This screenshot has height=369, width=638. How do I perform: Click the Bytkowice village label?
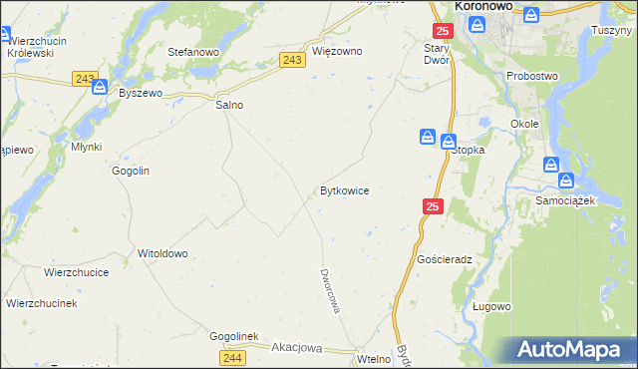345,189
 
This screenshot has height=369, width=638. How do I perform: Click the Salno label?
229,105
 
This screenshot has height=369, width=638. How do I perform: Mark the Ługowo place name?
491,306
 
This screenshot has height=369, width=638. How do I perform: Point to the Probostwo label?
532,76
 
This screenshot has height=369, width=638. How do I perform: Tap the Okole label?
524,124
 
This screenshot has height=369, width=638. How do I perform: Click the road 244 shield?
229,357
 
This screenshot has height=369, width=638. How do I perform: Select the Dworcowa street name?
330,290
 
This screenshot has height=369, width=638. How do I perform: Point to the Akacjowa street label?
298,348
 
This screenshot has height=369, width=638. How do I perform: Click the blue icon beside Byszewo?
99,88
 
